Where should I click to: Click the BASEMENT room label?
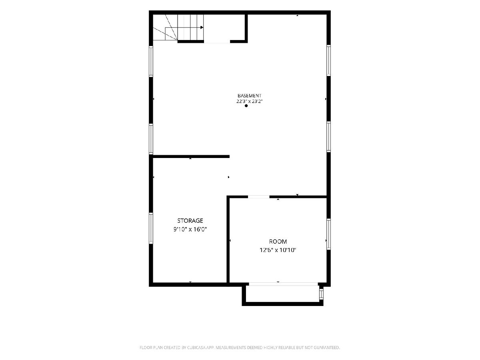tap(249, 96)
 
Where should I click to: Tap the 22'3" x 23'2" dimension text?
tap(249, 101)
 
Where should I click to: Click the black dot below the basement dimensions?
tap(246, 106)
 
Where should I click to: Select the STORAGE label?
tap(190, 220)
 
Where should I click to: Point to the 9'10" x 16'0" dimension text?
tap(190, 229)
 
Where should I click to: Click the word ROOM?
tap(278, 242)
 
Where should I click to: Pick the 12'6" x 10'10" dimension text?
tap(278, 250)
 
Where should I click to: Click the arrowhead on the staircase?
tap(202, 28)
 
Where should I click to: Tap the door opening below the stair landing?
tap(217, 42)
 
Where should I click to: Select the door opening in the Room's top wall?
tap(259, 197)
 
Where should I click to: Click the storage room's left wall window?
tap(151, 228)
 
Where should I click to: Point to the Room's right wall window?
tap(328, 234)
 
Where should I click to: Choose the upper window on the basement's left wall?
tap(151, 62)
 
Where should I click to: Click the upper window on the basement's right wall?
tap(328, 60)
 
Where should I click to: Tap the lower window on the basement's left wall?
tap(151, 139)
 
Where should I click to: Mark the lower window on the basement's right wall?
tap(328, 137)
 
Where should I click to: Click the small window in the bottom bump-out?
tap(321, 294)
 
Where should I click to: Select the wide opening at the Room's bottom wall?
tap(284, 284)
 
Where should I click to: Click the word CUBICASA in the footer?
tap(196, 348)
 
